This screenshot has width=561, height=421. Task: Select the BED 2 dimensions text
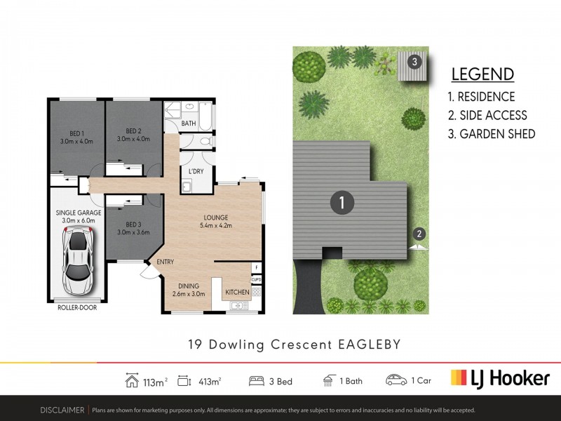click(x=134, y=140)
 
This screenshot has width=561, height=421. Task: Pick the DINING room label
click(x=189, y=286)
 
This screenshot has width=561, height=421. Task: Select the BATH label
click(x=189, y=123)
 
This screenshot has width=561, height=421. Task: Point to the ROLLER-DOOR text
click(x=76, y=307)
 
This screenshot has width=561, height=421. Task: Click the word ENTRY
click(x=165, y=262)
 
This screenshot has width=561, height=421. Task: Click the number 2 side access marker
click(x=419, y=233)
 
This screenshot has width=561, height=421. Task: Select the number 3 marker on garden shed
click(x=414, y=61)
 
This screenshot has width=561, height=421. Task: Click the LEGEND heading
click(x=482, y=74)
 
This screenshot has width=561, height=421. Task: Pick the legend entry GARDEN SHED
click(x=491, y=134)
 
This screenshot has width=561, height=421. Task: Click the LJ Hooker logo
click(x=499, y=378)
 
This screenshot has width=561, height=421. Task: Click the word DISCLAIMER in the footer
click(x=62, y=410)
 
